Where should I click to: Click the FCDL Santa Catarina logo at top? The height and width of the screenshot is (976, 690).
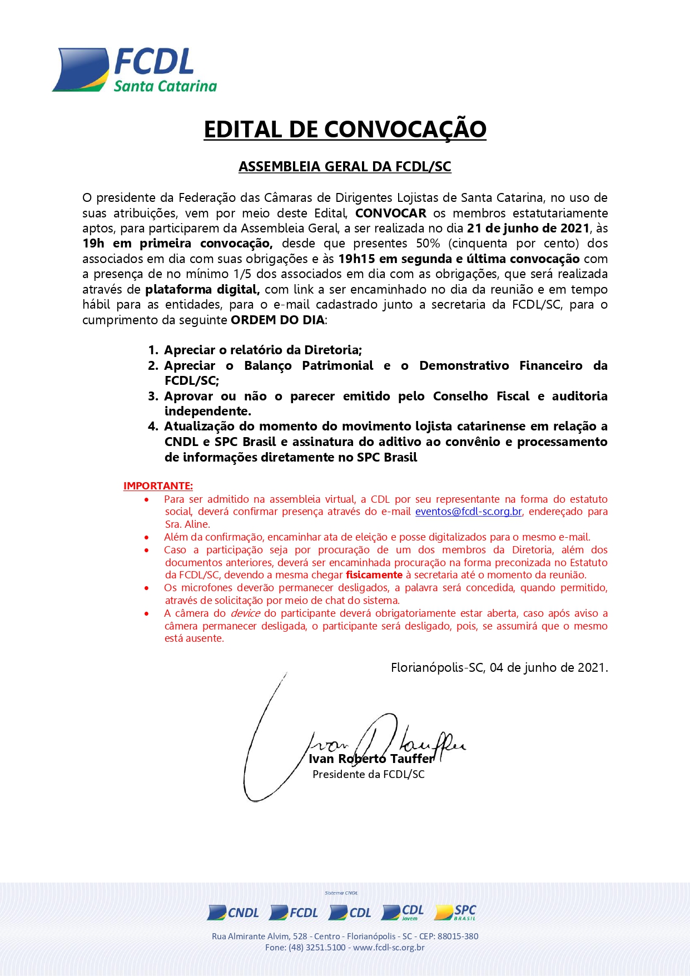(x=135, y=70)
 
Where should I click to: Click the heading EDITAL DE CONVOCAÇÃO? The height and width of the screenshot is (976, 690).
(x=345, y=130)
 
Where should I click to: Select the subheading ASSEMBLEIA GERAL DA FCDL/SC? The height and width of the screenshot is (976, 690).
(x=345, y=167)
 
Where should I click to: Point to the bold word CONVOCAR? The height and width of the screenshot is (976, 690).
(x=391, y=213)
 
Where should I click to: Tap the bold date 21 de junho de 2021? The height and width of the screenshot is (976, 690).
(x=528, y=228)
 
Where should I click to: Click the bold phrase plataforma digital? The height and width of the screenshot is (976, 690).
(x=202, y=289)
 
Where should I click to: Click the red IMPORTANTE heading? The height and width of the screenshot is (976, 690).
(x=158, y=486)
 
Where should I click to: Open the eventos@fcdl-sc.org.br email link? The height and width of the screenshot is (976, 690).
(x=469, y=512)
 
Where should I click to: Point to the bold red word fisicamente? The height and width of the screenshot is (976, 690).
(x=374, y=575)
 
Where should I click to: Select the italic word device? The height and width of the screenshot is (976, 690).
(x=245, y=613)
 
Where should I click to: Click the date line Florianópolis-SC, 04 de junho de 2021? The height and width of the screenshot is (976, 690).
(x=499, y=667)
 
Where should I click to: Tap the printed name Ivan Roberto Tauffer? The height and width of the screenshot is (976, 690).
(x=371, y=759)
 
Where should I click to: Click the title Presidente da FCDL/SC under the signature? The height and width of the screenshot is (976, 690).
(x=369, y=774)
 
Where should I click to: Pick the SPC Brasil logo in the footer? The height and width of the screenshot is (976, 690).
(x=456, y=912)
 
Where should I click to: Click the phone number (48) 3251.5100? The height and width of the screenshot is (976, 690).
(x=317, y=948)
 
